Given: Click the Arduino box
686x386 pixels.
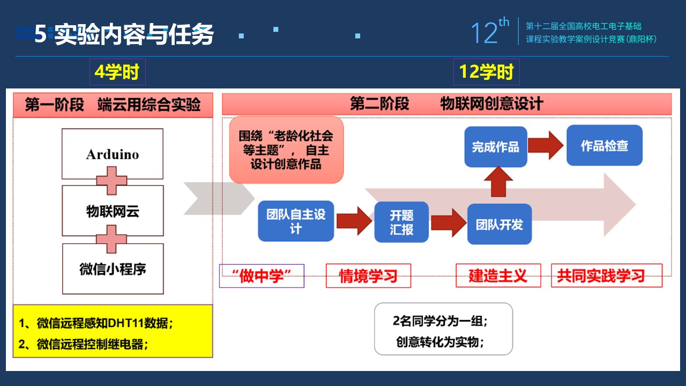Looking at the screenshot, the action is point(113,154).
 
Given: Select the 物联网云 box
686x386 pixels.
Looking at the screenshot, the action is point(113,211).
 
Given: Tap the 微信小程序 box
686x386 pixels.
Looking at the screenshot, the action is point(113,269).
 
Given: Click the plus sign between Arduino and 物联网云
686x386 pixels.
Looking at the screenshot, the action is point(111,181).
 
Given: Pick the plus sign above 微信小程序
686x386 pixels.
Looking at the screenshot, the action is point(111,239).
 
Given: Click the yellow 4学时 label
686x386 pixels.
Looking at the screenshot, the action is point(117,72).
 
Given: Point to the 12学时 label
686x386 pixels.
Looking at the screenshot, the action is point(486,72).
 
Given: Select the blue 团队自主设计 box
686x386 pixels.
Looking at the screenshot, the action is point(296,221).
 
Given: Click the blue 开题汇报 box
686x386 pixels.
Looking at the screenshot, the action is point(401,222).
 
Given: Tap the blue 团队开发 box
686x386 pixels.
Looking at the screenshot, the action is point(499,224).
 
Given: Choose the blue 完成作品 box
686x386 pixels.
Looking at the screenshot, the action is point(496,147).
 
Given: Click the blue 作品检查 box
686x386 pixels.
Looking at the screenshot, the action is point(605,145).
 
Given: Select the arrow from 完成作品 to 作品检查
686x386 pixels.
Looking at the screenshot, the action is point(546,145).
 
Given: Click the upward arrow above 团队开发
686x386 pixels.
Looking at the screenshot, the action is point(498,182).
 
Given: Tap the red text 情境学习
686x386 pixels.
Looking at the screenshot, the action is point(368,276).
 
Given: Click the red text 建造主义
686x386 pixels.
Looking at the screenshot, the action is point(498,276).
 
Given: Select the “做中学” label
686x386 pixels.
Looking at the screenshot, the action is point(262,276).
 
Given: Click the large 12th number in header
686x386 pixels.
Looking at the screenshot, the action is point(490,31).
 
